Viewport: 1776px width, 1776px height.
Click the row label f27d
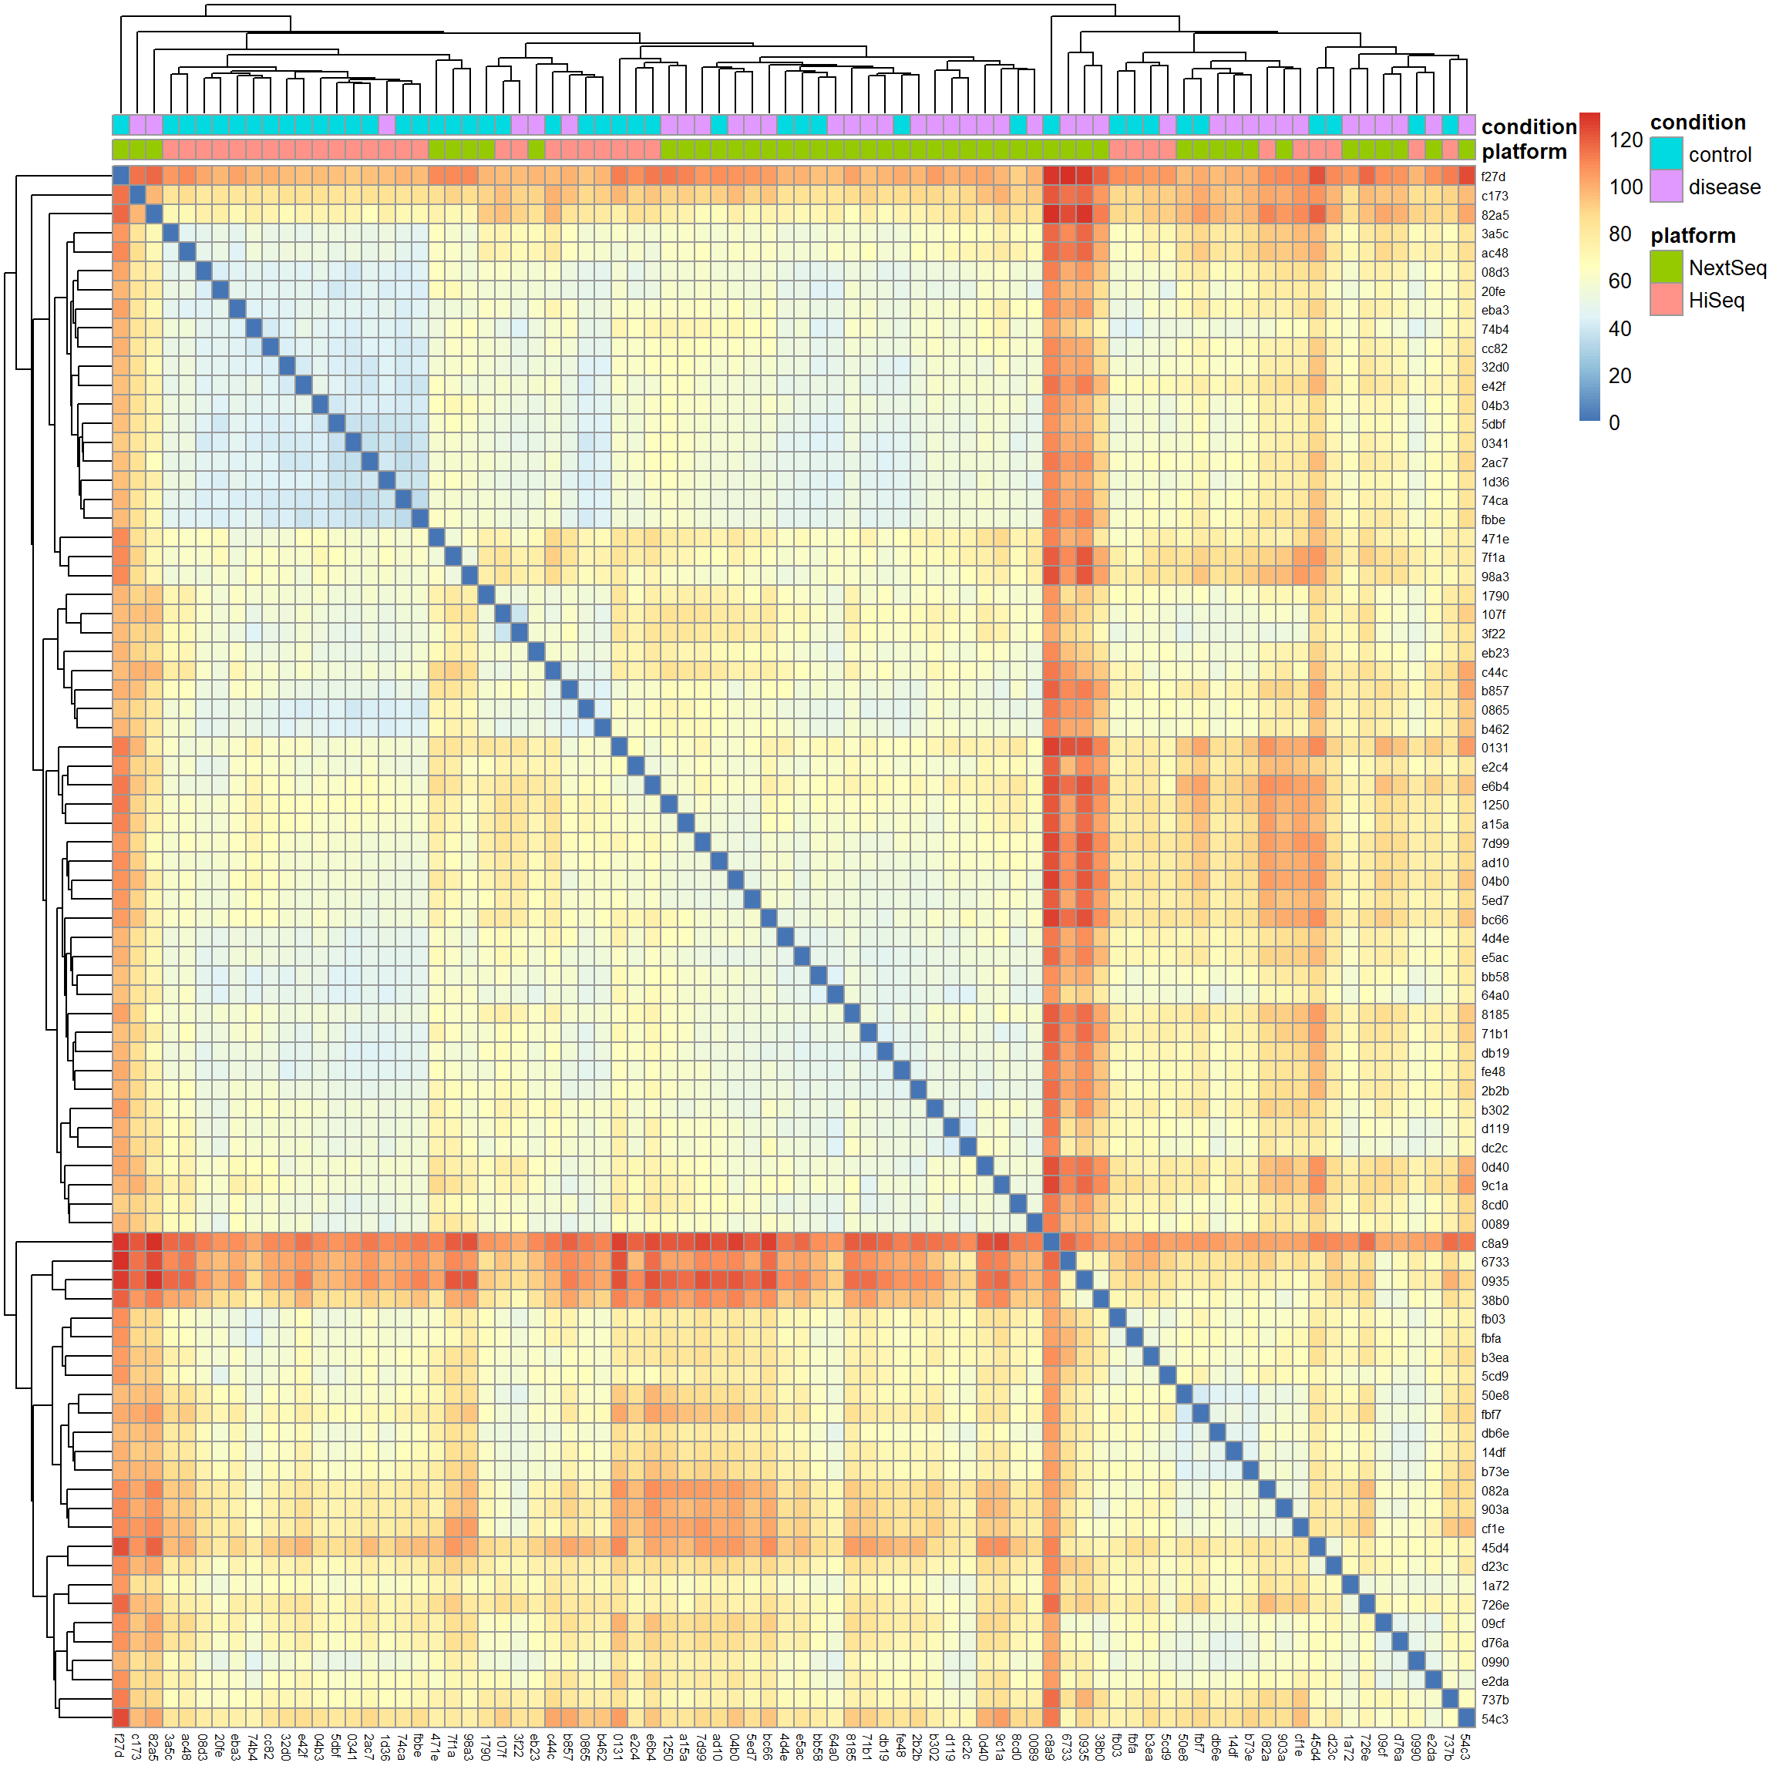1493,177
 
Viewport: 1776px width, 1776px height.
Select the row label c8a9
1494,1243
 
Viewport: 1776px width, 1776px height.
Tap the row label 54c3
1494,1718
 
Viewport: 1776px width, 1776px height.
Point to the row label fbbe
1493,520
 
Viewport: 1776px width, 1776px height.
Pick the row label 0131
1494,748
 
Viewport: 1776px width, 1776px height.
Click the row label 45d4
1494,1547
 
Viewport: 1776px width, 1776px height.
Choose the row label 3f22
1493,634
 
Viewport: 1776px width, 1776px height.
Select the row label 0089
1494,1223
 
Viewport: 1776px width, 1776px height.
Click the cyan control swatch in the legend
1666,153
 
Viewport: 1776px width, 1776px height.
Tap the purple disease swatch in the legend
1666,187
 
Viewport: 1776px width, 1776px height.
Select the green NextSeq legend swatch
1666,267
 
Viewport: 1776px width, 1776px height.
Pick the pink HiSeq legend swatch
1666,300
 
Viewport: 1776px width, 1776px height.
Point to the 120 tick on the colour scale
1625,140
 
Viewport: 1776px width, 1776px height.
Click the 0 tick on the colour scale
1614,423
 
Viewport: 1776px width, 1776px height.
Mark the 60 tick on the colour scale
1620,281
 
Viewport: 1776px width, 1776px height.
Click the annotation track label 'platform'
1523,152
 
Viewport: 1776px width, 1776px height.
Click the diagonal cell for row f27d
121,176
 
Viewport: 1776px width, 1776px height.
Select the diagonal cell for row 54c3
1466,1718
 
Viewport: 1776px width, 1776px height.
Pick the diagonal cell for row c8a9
1051,1242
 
